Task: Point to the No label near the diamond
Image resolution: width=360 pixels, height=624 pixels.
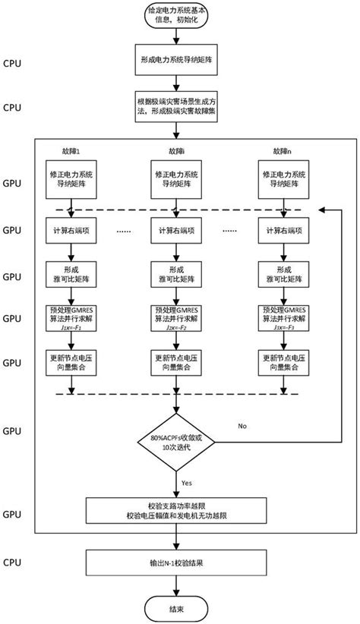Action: click(242, 427)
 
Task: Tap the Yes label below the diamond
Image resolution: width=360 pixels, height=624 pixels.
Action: click(188, 481)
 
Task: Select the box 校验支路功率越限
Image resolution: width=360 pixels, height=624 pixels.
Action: click(180, 511)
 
